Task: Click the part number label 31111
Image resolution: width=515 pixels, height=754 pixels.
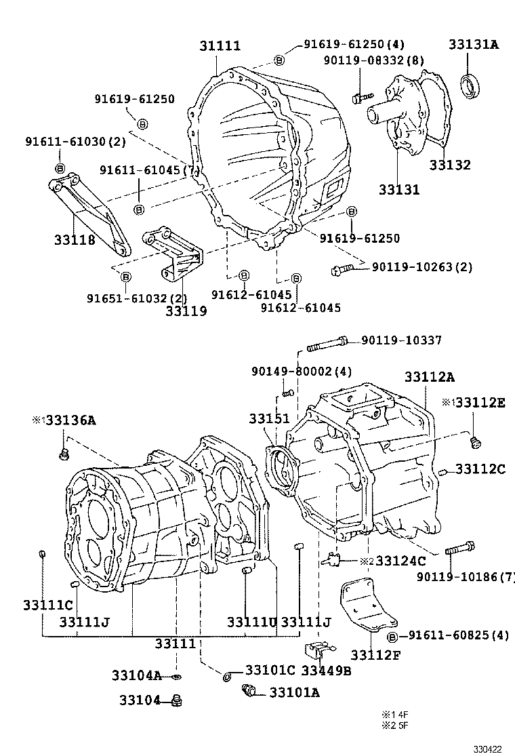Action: click(x=220, y=46)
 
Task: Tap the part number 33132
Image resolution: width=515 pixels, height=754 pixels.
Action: click(x=449, y=165)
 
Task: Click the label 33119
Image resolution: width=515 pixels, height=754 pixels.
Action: click(x=186, y=311)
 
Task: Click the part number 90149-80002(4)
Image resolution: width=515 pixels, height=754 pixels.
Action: click(x=301, y=372)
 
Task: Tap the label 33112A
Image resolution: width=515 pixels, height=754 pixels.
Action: click(x=430, y=376)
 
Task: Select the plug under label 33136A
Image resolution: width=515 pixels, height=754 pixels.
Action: click(x=63, y=453)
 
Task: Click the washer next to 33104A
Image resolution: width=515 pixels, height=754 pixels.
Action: click(x=176, y=676)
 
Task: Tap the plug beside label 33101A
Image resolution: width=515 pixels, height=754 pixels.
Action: click(x=250, y=692)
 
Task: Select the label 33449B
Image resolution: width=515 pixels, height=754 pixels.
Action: click(x=326, y=671)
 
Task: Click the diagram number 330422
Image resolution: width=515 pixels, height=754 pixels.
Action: click(x=487, y=749)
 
